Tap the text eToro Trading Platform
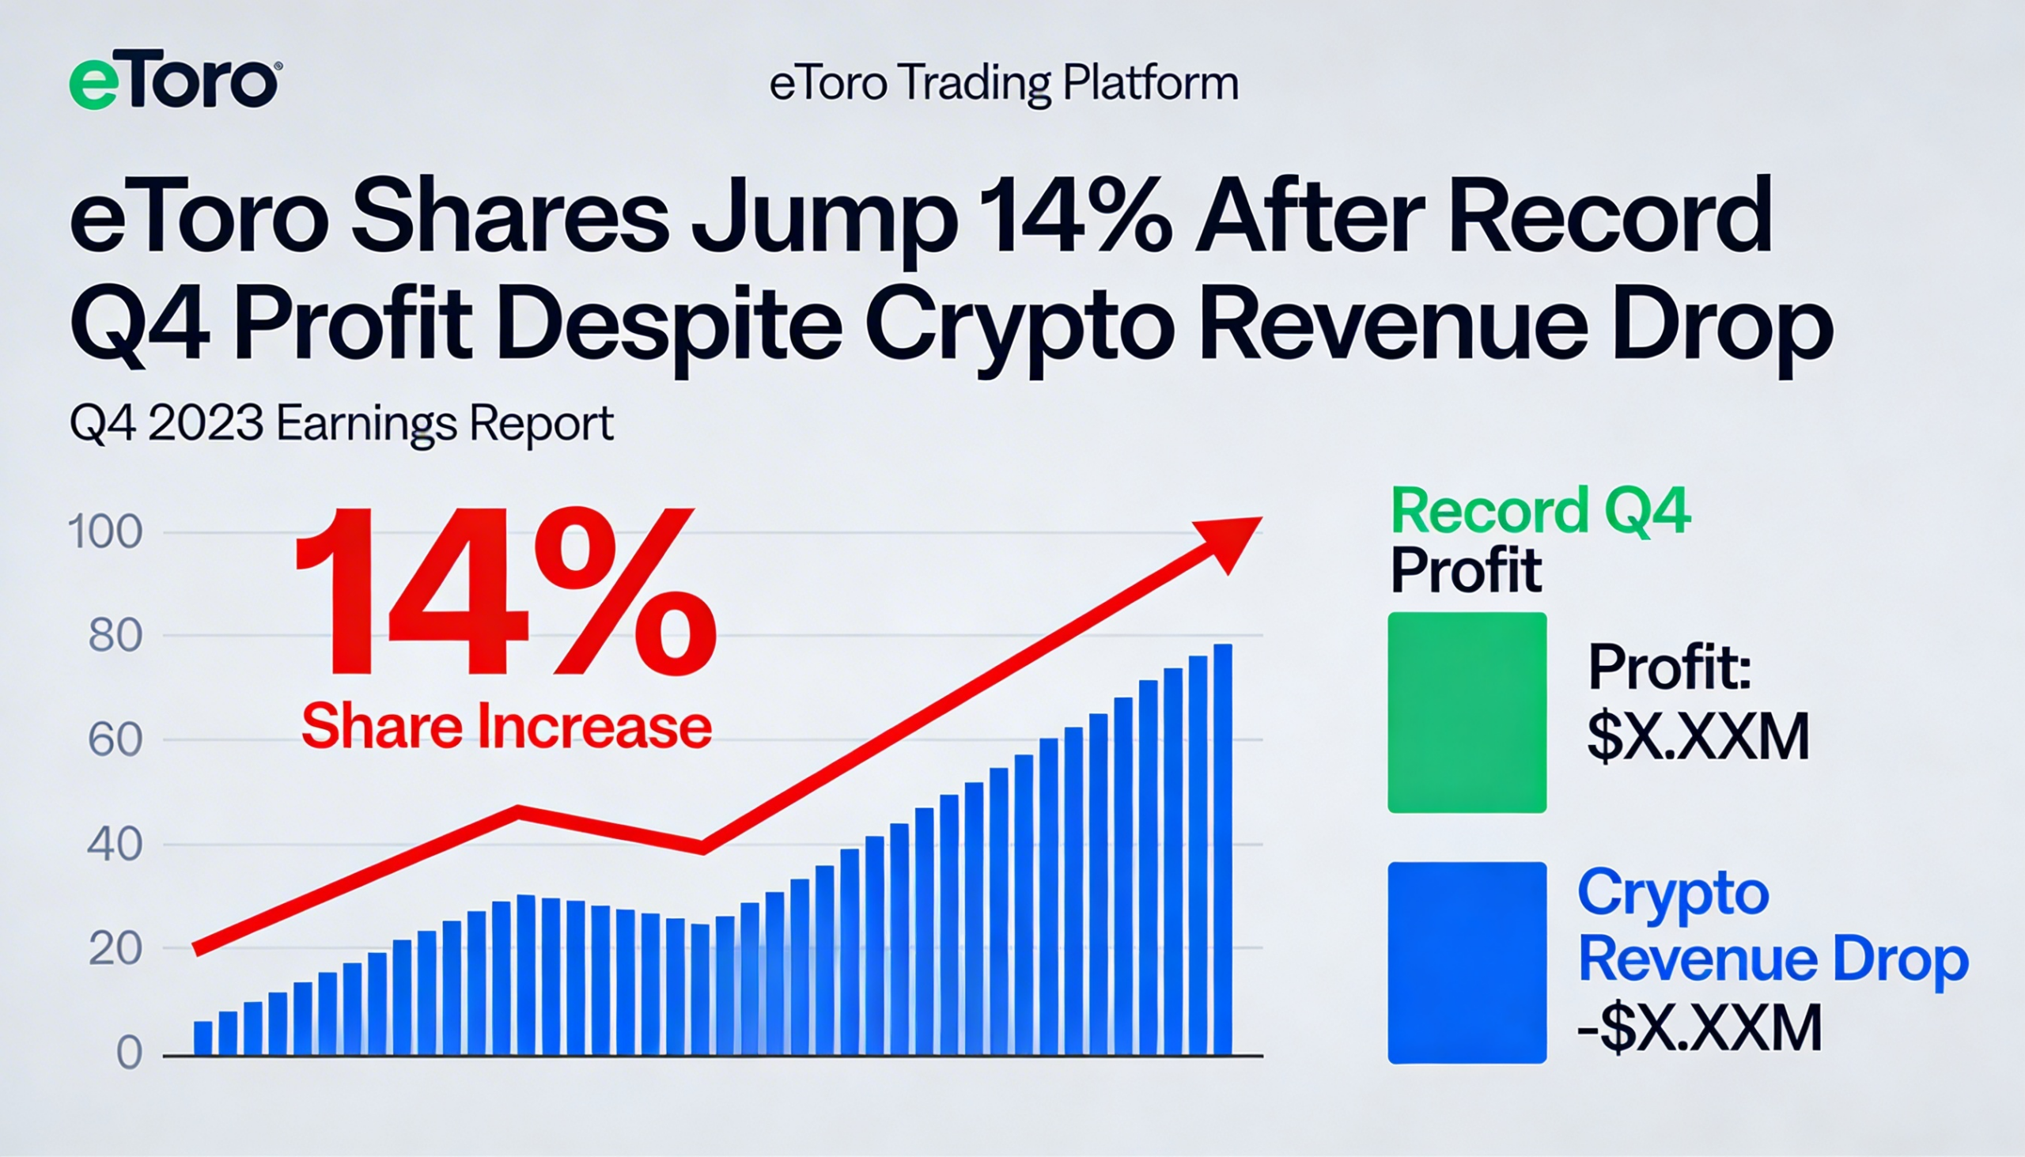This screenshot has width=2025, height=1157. pyautogui.click(x=1004, y=84)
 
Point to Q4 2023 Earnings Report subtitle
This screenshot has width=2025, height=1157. pyautogui.click(x=342, y=425)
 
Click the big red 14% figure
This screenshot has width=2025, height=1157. pyautogui.click(x=505, y=592)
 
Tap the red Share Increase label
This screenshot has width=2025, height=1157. pyautogui.click(x=506, y=727)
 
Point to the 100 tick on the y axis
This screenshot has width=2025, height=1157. pyautogui.click(x=106, y=532)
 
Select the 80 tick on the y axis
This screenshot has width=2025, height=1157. pyautogui.click(x=115, y=637)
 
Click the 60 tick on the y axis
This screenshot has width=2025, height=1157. pyautogui.click(x=115, y=740)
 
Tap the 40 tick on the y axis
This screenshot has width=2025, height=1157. pyautogui.click(x=115, y=845)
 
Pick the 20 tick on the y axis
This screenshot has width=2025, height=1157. pyautogui.click(x=115, y=949)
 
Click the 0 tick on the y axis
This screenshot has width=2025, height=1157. pyautogui.click(x=129, y=1053)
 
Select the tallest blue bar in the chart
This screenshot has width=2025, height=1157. pyautogui.click(x=1222, y=850)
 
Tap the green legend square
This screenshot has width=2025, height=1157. pyautogui.click(x=1467, y=712)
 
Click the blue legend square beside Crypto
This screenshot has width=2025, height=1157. pyautogui.click(x=1467, y=962)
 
